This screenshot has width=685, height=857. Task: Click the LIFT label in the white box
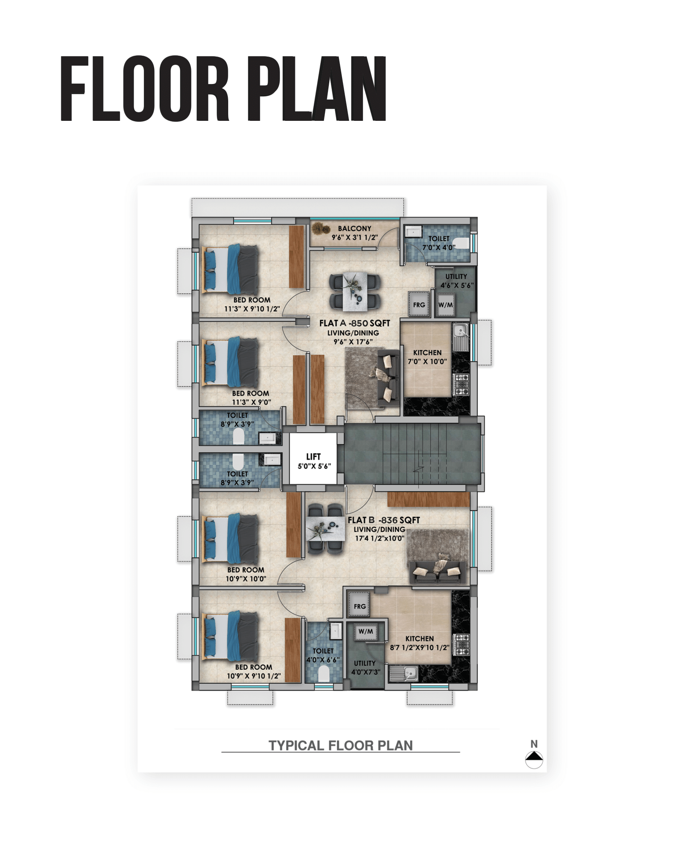coord(313,456)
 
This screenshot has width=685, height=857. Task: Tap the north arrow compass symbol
coord(534,759)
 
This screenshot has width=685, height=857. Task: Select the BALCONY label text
coord(354,228)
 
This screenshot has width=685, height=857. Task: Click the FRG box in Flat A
coord(419,304)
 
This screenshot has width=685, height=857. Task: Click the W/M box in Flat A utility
coord(445,305)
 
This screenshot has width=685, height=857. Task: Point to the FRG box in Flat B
coord(359,605)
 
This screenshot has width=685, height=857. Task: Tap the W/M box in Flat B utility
coord(366,631)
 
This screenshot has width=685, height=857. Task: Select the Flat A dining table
coord(355,291)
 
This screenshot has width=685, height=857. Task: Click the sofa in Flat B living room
coord(438,572)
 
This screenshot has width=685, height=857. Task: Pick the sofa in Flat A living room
coord(388,378)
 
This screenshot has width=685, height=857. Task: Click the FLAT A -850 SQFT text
coord(354,323)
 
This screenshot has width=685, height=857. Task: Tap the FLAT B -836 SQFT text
coord(384,520)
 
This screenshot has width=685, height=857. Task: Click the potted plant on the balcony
coord(320,228)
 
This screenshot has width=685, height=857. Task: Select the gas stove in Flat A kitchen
coord(461,384)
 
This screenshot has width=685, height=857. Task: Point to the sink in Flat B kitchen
coord(404,674)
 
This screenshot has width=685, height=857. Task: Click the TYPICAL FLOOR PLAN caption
coord(341,745)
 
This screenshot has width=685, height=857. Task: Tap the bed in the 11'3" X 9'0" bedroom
coord(229,363)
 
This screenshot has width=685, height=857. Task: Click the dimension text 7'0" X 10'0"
coord(427,361)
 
